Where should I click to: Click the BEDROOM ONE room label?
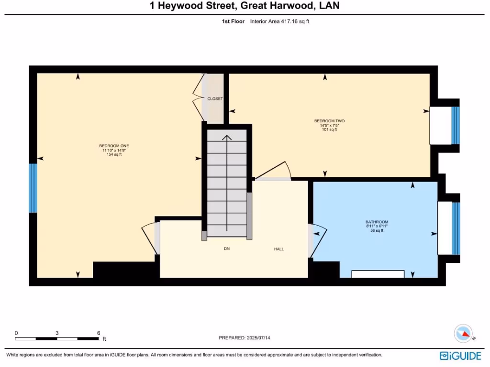pyautogui.click(x=114, y=146)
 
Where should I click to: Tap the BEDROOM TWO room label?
pyautogui.click(x=329, y=121)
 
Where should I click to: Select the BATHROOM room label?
pyautogui.click(x=377, y=222)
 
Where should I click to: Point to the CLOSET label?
pyautogui.click(x=215, y=99)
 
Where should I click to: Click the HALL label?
pyautogui.click(x=279, y=249)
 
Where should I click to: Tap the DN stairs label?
pyautogui.click(x=227, y=249)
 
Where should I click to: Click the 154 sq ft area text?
pyautogui.click(x=114, y=154)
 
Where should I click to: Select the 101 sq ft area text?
pyautogui.click(x=329, y=130)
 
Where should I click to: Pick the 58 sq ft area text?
pyautogui.click(x=377, y=230)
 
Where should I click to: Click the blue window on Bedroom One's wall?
pyautogui.click(x=33, y=188)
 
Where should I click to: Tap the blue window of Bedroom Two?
pyautogui.click(x=455, y=125)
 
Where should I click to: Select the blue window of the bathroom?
pyautogui.click(x=456, y=228)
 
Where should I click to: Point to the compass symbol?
pyautogui.click(x=464, y=334)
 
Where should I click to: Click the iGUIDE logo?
pyautogui.click(x=462, y=356)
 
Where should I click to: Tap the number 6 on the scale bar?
pyautogui.click(x=99, y=333)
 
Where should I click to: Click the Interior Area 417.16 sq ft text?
pyautogui.click(x=280, y=22)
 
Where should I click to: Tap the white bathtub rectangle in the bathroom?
pyautogui.click(x=378, y=274)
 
